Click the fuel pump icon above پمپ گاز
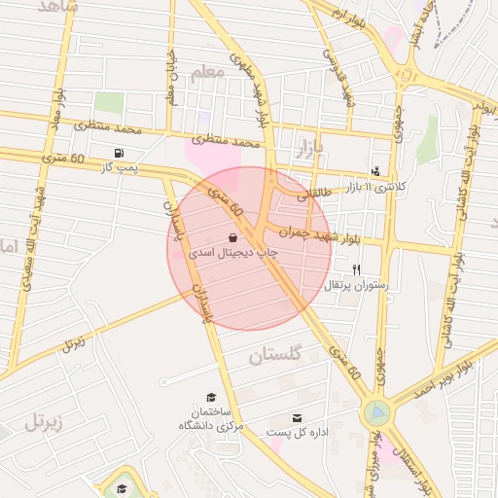tap(119, 153)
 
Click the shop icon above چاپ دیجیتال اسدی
tap(232, 236)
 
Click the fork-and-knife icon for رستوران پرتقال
tap(356, 269)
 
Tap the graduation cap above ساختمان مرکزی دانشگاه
tap(211, 397)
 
